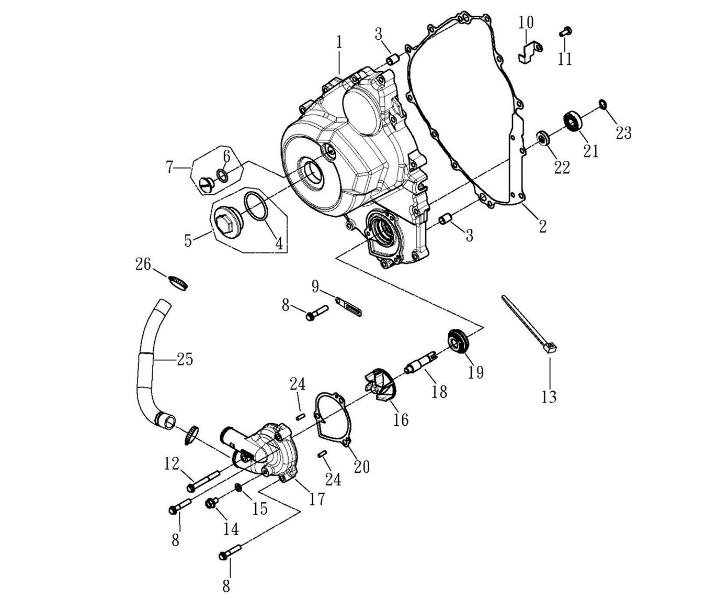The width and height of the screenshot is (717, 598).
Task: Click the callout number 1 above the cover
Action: click(339, 42)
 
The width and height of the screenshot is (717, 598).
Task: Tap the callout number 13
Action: click(549, 396)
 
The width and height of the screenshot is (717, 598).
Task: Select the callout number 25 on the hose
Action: click(184, 359)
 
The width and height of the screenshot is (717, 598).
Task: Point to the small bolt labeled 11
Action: click(563, 32)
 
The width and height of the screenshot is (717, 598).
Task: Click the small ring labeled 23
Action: click(602, 105)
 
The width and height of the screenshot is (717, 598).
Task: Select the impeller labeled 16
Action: click(381, 386)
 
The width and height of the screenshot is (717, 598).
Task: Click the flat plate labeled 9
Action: click(348, 307)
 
